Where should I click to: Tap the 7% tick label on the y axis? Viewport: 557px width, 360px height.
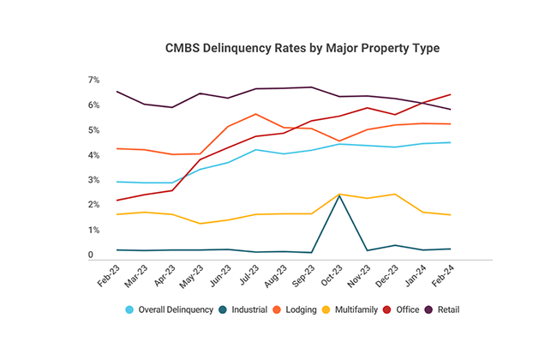93,80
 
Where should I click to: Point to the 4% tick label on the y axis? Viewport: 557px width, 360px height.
93,155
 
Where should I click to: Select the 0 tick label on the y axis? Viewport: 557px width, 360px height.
90,255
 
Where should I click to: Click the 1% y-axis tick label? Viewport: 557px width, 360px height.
93,231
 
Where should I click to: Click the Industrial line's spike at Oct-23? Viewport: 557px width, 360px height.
339,195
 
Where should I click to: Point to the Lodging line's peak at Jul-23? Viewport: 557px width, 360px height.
255,114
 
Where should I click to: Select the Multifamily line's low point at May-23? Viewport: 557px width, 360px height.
200,224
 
